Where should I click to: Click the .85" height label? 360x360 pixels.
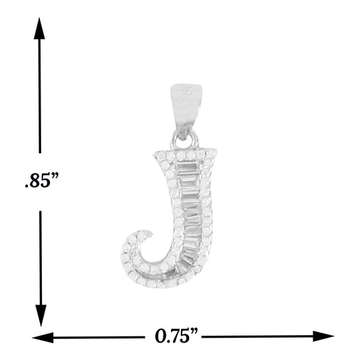[42, 181]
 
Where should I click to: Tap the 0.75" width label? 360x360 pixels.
[176, 336]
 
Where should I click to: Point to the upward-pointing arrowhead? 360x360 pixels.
[39, 28]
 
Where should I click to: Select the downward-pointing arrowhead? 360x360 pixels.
[41, 315]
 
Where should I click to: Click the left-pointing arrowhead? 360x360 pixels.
[43, 338]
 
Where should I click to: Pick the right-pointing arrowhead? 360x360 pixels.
[324, 336]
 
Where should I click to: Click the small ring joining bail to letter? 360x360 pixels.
[185, 140]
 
